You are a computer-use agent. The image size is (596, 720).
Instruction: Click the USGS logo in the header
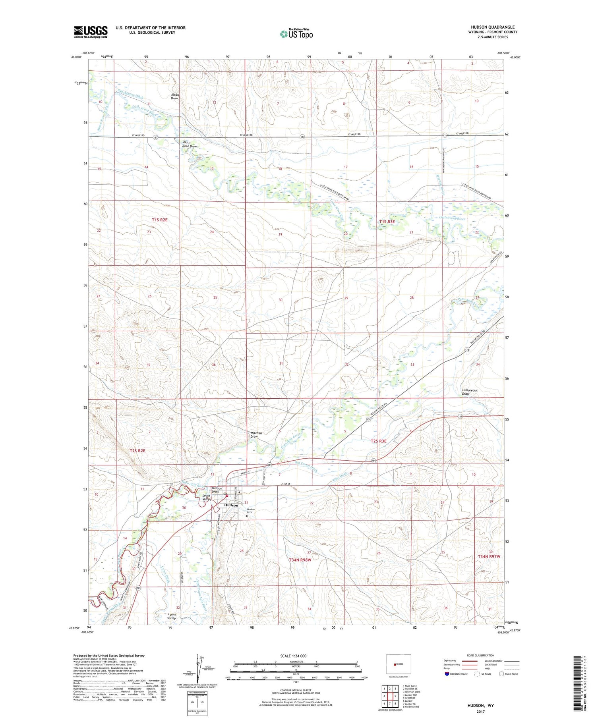tap(91, 32)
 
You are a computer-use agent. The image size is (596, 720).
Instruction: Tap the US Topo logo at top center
tap(296, 34)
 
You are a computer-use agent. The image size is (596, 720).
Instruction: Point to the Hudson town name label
tap(231, 505)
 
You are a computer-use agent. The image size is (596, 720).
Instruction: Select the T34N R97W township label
tap(489, 557)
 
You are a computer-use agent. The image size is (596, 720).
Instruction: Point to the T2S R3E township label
tap(378, 441)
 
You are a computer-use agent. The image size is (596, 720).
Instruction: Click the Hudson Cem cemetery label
tap(251, 511)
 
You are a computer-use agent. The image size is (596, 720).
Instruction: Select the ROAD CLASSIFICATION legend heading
tap(481, 655)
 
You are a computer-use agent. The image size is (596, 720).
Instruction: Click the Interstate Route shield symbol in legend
tap(447, 674)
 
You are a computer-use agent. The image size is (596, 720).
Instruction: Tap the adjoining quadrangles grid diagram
tap(390, 696)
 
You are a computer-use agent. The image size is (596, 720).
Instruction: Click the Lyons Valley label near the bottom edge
tap(172, 616)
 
